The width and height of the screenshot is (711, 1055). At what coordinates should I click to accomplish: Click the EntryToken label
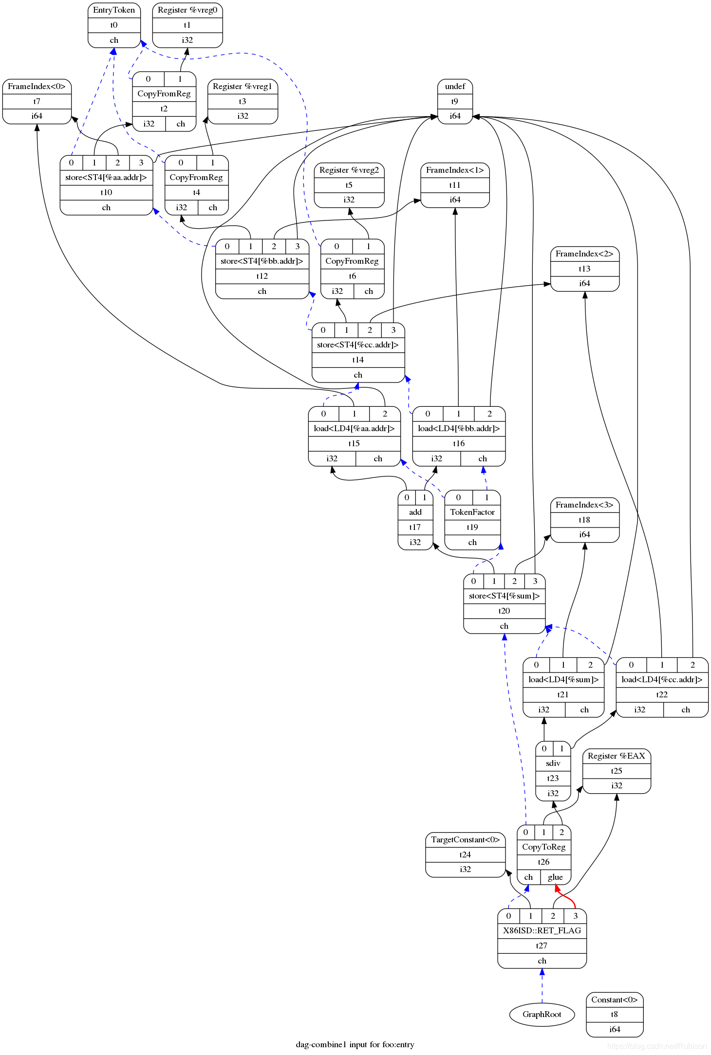point(114,10)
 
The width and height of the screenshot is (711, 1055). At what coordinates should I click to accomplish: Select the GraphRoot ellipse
point(542,1015)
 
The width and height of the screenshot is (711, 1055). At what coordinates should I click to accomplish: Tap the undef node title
point(455,87)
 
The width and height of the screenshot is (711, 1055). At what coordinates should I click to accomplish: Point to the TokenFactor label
point(472,512)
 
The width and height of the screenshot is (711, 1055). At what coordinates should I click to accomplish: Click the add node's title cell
point(415,512)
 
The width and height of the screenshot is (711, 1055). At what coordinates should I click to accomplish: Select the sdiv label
point(553,764)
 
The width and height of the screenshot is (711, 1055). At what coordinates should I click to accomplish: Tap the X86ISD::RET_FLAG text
point(542,931)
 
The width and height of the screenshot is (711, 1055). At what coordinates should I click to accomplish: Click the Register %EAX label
point(616,756)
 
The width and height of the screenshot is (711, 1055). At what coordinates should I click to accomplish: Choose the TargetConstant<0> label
point(465,840)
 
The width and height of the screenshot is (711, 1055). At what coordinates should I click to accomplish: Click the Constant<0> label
point(614,1000)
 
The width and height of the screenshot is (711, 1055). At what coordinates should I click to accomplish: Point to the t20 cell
point(504,611)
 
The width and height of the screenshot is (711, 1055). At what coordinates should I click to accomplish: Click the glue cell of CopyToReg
point(555,877)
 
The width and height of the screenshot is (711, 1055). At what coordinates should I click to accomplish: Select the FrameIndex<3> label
point(584,505)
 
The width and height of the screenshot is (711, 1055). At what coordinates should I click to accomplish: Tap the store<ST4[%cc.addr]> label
point(358,345)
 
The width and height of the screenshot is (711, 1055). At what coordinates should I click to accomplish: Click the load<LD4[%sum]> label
point(563,680)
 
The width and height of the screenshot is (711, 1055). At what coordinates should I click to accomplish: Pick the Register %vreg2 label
point(349,170)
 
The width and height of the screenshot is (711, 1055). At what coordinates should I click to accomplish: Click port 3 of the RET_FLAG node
point(575,916)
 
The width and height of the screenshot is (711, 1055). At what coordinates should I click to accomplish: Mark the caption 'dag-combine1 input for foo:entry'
point(355,1045)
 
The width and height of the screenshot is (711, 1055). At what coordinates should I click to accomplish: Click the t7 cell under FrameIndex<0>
point(37,102)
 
